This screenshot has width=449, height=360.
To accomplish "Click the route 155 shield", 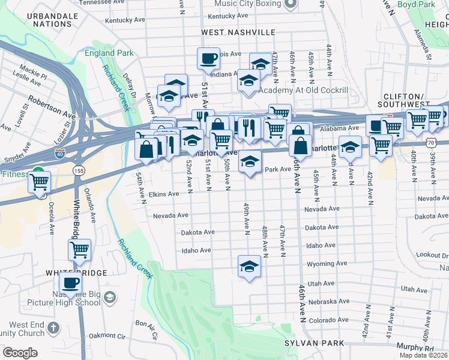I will coord(79,171).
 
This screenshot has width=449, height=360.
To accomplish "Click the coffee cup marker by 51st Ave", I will coord(208,59).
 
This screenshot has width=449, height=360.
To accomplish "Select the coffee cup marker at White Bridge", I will coord(71,283).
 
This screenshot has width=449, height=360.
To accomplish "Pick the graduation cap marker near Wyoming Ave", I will coord(249,266).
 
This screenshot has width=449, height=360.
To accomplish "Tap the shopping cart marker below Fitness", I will coord(39,182).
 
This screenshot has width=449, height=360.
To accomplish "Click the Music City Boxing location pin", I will coord(291,4).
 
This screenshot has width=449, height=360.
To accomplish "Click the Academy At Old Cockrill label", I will coord(303,90).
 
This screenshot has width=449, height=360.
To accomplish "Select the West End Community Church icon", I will coord(53,328).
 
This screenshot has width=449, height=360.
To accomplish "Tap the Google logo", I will coord(20,353).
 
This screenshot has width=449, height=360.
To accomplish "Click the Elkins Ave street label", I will coord(164,194).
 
